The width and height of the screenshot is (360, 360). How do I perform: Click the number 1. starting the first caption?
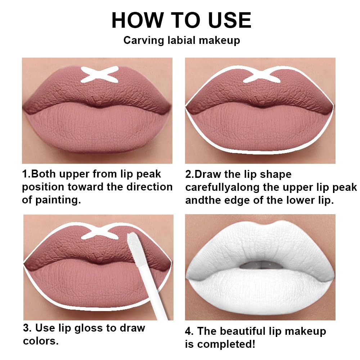[26, 174]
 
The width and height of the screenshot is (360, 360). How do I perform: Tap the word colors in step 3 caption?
[41, 341]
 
